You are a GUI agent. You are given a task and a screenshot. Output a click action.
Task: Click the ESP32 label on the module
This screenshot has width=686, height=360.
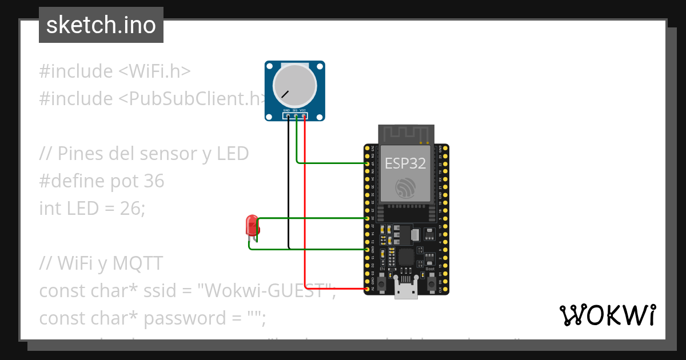(405, 163)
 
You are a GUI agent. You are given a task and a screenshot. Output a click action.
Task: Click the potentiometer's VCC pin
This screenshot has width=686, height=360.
(304, 117)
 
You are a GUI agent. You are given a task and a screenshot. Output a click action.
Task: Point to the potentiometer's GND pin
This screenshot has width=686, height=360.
(289, 117)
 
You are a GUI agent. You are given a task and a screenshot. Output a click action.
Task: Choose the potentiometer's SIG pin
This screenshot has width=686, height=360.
(296, 117)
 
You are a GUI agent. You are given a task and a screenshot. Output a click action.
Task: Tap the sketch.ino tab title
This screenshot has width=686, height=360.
(101, 25)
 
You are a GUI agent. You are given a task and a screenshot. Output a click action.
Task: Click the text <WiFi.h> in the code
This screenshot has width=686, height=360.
(154, 71)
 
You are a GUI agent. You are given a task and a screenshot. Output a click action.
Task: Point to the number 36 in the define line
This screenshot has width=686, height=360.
(154, 181)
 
